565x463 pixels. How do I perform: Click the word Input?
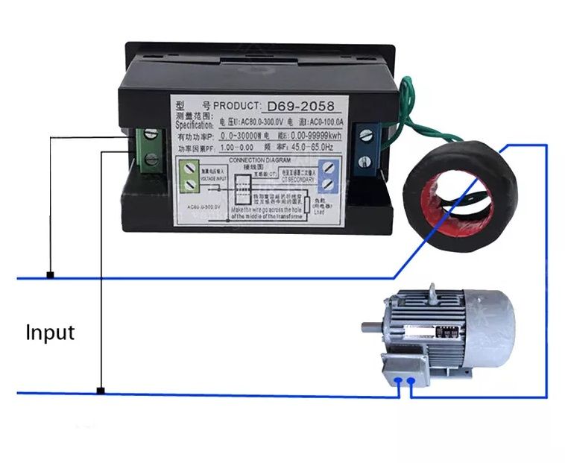[50, 332]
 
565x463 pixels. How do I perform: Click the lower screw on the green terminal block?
[151, 157]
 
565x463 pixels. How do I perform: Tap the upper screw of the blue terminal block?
[366, 135]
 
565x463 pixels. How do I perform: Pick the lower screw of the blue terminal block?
[366, 157]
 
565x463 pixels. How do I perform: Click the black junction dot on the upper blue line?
[50, 275]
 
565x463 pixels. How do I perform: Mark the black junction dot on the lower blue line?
[101, 391]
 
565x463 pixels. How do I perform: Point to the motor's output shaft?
[372, 327]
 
